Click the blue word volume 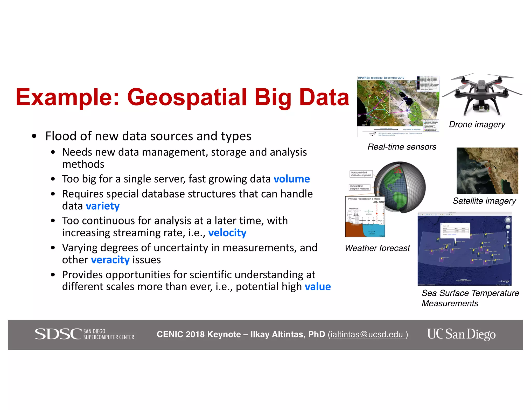(291, 179)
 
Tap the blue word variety (103, 206)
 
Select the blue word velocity (227, 233)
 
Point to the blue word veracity (110, 260)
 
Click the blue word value (318, 287)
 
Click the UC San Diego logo (461, 334)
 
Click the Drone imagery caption (477, 125)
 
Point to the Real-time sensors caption (402, 147)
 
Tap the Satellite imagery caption (484, 201)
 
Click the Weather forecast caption (377, 248)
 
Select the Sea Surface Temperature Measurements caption (470, 298)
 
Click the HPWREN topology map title (381, 78)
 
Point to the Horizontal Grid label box (361, 174)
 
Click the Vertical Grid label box (359, 187)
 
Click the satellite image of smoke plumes (487, 171)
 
